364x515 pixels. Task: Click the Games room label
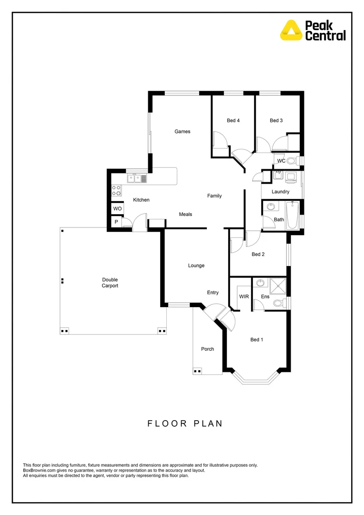(182, 132)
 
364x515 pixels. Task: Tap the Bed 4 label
(233, 121)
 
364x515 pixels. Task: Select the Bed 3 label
(276, 121)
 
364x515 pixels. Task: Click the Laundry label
(281, 192)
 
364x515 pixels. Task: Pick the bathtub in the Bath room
(293, 215)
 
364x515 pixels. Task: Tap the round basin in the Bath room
(271, 207)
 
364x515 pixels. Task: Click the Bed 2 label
(258, 254)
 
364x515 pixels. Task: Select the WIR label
(244, 297)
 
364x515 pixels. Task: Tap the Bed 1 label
(256, 340)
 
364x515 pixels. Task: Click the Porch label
(207, 349)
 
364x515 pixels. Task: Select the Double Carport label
(110, 283)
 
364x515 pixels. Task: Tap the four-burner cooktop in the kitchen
(116, 190)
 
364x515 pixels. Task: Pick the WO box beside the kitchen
(117, 209)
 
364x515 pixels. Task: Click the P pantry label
(116, 222)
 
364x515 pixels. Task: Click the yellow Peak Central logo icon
(291, 29)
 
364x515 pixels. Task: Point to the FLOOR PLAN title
(184, 423)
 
